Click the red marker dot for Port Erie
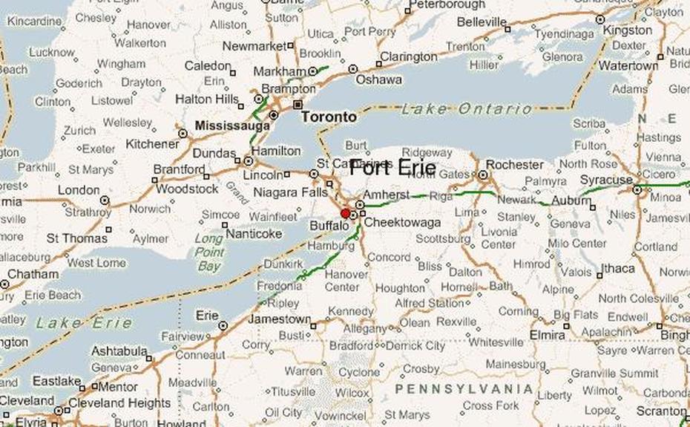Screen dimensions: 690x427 coord(345,213)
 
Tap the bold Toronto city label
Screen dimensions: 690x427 coord(328,117)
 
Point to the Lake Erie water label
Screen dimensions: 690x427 coord(84,323)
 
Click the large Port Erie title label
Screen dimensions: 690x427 coord(392,169)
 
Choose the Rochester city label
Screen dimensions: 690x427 coord(516,164)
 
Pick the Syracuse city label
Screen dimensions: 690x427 coord(606,180)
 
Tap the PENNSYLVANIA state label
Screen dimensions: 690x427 coord(464,389)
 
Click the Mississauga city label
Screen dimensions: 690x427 coord(232,126)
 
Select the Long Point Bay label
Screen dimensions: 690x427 coord(208,252)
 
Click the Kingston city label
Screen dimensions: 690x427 coord(628,30)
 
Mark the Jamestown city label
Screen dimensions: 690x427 coord(278,319)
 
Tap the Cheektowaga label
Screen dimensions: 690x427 coord(402,222)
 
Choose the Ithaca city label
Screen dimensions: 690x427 coord(617,269)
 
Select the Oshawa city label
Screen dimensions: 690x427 coord(378,79)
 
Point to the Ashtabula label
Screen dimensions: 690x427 coord(119,351)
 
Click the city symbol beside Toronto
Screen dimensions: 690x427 coord(298,105)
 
